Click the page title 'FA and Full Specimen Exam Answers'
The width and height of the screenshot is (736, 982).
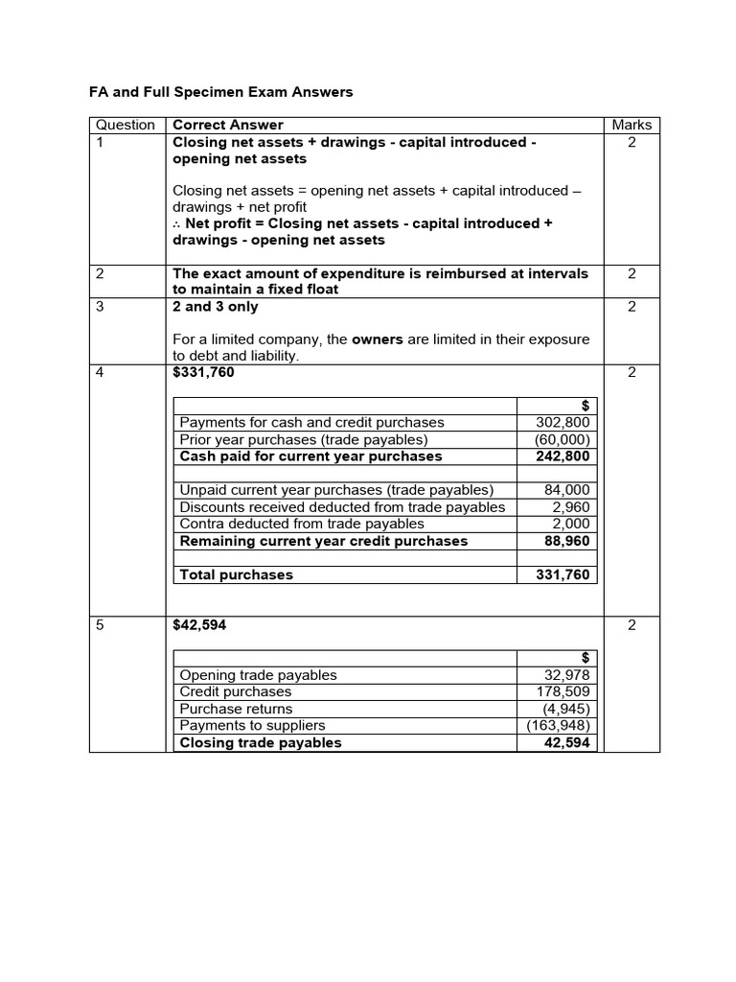click(221, 92)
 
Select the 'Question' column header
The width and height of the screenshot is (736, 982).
click(126, 125)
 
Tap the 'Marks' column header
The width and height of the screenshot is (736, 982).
click(631, 125)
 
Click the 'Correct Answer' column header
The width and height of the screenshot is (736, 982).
click(228, 125)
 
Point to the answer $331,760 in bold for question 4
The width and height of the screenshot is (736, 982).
click(203, 372)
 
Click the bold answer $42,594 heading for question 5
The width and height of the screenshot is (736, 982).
click(199, 625)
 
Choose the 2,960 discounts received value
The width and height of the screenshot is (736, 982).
click(571, 507)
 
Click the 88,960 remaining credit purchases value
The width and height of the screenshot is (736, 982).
click(567, 541)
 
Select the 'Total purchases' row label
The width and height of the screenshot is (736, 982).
click(237, 575)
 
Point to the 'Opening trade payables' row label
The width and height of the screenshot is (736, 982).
click(259, 674)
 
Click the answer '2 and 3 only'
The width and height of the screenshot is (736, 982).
click(216, 307)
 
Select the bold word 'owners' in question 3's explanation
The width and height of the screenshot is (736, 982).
click(378, 339)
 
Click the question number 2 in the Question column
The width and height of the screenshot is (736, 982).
click(100, 273)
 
